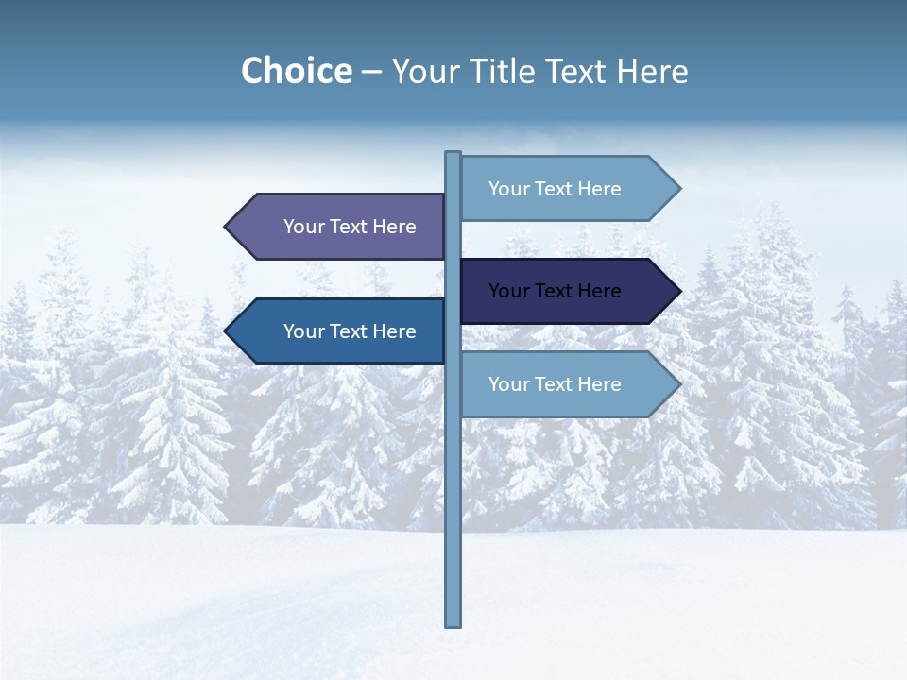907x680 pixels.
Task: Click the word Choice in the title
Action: pos(296,72)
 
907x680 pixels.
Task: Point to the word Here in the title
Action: pos(652,72)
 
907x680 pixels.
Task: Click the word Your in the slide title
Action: pos(424,72)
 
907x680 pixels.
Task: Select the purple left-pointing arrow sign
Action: pos(340,227)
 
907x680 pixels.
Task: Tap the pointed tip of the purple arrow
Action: pos(228,227)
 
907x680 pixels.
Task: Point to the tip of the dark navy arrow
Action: pos(678,291)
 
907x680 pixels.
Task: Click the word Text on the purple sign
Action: pos(350,227)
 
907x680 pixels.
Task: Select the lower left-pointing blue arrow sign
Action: pos(340,331)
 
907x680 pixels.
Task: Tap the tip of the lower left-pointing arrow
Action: pos(228,331)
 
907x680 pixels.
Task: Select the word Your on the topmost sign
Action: pos(508,189)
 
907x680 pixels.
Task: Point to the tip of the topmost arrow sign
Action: pos(678,189)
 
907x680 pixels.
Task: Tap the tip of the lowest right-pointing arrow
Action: pos(678,384)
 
